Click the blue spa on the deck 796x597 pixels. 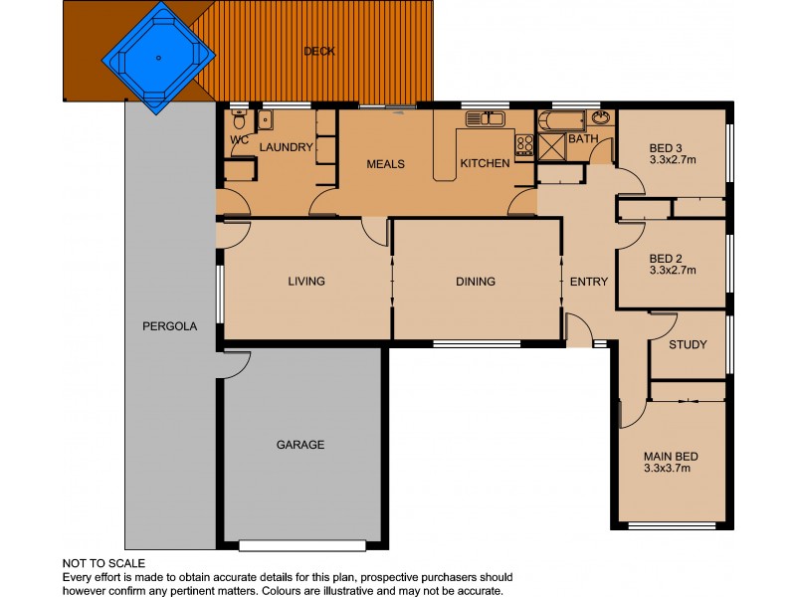click(159, 57)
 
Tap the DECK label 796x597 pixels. click(318, 51)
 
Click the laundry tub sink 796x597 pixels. click(265, 120)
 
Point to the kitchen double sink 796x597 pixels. click(485, 119)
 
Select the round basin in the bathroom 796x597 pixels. click(602, 119)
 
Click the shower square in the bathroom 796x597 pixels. click(549, 145)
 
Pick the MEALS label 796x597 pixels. click(385, 164)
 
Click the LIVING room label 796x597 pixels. click(306, 282)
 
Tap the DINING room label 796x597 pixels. click(476, 282)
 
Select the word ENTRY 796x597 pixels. click(588, 282)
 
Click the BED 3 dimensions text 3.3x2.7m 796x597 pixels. click(672, 158)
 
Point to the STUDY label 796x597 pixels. click(688, 346)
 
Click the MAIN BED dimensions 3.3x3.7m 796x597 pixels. click(671, 468)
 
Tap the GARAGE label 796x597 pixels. click(299, 445)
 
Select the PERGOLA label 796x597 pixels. click(170, 325)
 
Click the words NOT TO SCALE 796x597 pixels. click(103, 563)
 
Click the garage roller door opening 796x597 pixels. click(300, 545)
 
